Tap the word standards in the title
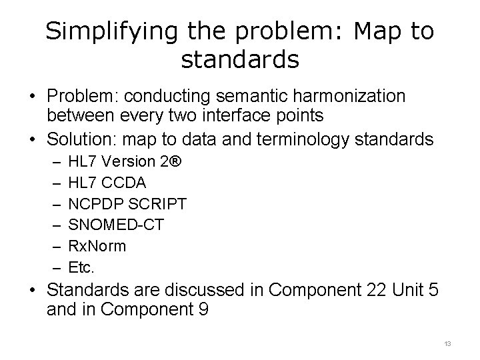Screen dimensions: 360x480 [240, 60]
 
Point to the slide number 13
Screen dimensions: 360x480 [447, 343]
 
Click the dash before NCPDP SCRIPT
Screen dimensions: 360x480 [53, 203]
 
